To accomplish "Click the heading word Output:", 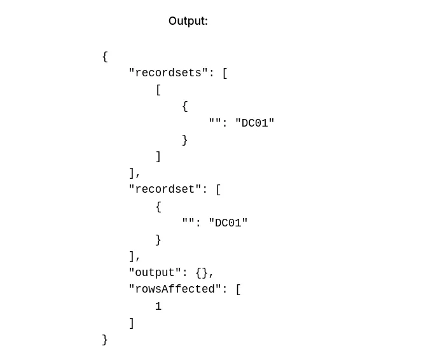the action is click(x=188, y=21).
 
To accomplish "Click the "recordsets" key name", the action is click(x=168, y=73).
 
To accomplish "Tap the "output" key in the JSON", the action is click(x=155, y=273).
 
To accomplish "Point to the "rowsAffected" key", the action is click(x=175, y=289).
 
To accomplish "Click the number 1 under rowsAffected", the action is click(x=158, y=307).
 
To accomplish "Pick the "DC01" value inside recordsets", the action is click(x=255, y=123).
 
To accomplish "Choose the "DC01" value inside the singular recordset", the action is click(x=228, y=223).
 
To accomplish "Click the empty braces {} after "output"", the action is click(x=202, y=273).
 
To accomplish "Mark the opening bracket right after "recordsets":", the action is click(x=224, y=73).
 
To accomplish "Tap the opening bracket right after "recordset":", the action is click(x=218, y=189).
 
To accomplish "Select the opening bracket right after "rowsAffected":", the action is click(x=238, y=289).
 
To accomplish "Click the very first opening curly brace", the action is click(x=105, y=56).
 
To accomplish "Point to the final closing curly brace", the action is click(x=105, y=340).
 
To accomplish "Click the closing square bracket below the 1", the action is click(x=132, y=323).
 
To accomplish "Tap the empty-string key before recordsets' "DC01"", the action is click(x=215, y=123).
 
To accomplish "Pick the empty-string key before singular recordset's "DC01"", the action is click(x=188, y=223).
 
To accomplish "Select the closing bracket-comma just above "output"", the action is click(x=134, y=256).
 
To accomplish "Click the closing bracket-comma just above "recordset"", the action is click(x=134, y=173).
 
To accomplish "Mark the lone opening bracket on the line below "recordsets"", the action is click(x=158, y=90).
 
